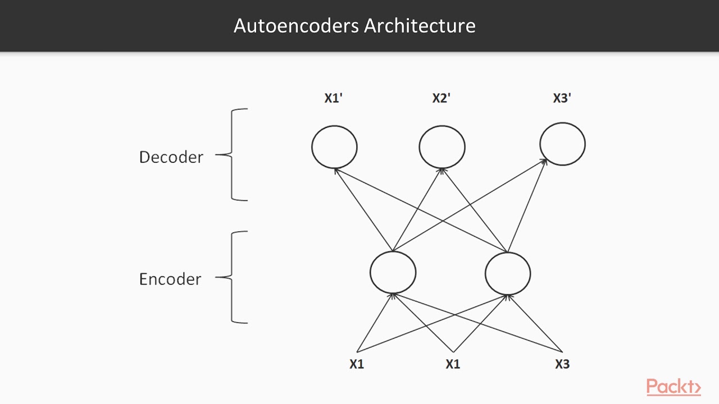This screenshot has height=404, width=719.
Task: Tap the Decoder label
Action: pyautogui.click(x=171, y=157)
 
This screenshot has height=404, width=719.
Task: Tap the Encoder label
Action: pyautogui.click(x=170, y=279)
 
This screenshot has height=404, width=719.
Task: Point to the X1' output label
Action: pyautogui.click(x=334, y=98)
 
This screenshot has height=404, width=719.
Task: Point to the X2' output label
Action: pyautogui.click(x=442, y=98)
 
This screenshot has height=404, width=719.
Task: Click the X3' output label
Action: pyautogui.click(x=562, y=98)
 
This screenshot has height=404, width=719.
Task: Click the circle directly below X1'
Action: pyautogui.click(x=334, y=147)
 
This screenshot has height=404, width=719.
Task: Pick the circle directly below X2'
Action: pyautogui.click(x=442, y=147)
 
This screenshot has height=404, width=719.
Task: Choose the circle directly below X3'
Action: pyautogui.click(x=562, y=144)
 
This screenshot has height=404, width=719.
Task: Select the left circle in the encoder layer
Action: pyautogui.click(x=393, y=273)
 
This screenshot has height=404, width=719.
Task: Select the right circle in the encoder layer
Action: pyautogui.click(x=508, y=273)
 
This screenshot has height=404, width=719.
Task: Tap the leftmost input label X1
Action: pyautogui.click(x=357, y=364)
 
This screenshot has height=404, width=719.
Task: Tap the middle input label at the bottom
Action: pyautogui.click(x=453, y=364)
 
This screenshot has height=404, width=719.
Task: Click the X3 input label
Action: pyautogui.click(x=562, y=364)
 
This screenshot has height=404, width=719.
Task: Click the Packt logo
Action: pyautogui.click(x=673, y=387)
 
